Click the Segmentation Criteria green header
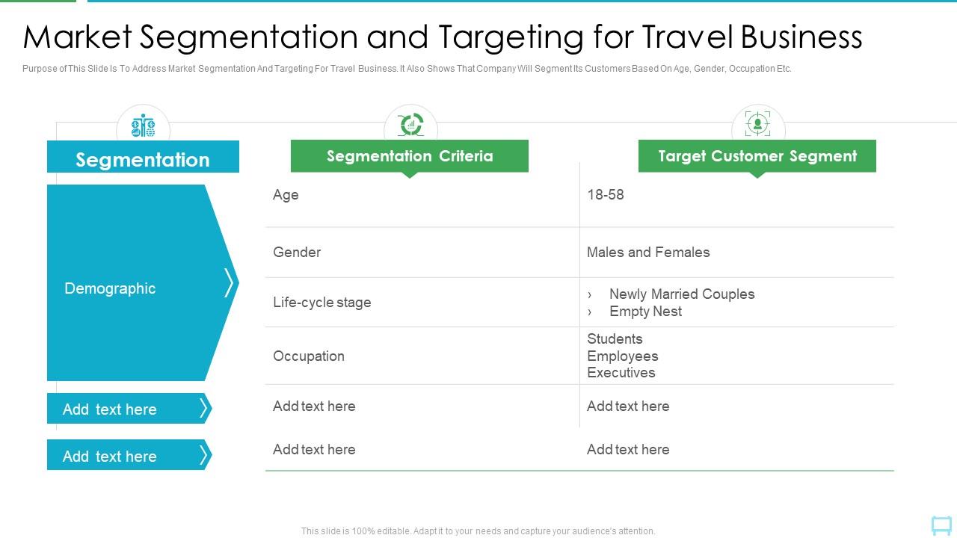pyautogui.click(x=409, y=156)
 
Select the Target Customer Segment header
pyautogui.click(x=757, y=156)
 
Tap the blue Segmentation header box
pyautogui.click(x=143, y=159)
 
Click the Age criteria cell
pyautogui.click(x=286, y=195)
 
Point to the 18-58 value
pyautogui.click(x=606, y=195)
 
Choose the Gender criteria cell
pyautogui.click(x=297, y=253)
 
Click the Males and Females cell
pyautogui.click(x=648, y=253)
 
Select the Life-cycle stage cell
pyautogui.click(x=321, y=303)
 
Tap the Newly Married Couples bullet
pyautogui.click(x=681, y=294)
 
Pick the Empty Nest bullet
pyautogui.click(x=645, y=312)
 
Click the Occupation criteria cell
pyautogui.click(x=309, y=356)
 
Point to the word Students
pyautogui.click(x=615, y=339)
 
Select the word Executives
pyautogui.click(x=621, y=373)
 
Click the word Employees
pyautogui.click(x=622, y=356)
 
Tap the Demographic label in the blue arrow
pyautogui.click(x=110, y=288)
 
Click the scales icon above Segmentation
pyautogui.click(x=143, y=126)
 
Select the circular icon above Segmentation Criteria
pyautogui.click(x=410, y=125)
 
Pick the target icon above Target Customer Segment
pyautogui.click(x=757, y=124)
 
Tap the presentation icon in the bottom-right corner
pyautogui.click(x=941, y=525)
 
